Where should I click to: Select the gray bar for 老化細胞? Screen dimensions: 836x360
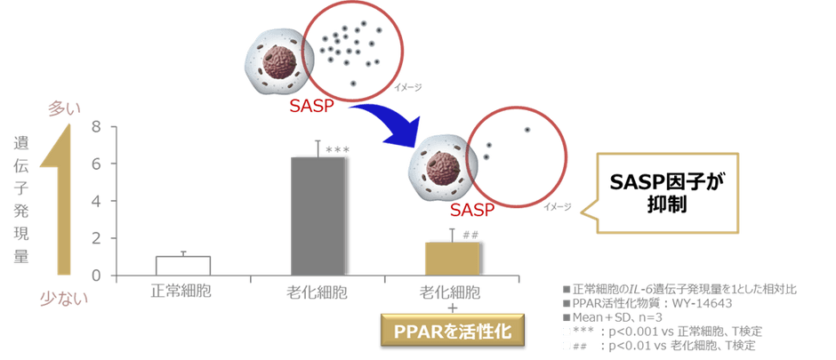(x=318, y=216)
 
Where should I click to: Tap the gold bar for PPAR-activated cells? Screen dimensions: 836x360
(x=452, y=259)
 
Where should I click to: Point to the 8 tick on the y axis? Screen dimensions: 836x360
(x=97, y=127)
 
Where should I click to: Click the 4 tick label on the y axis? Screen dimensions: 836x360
(x=97, y=201)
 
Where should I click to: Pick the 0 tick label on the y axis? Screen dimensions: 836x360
(x=97, y=276)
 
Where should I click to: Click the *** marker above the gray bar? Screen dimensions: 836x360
(x=337, y=150)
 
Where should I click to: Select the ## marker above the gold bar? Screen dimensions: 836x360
(x=470, y=235)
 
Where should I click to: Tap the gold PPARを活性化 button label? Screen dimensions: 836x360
(x=452, y=331)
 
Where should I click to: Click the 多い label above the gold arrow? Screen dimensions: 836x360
(x=64, y=109)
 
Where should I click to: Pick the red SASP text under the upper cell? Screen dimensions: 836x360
(x=312, y=106)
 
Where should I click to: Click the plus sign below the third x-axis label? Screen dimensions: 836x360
(x=452, y=308)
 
